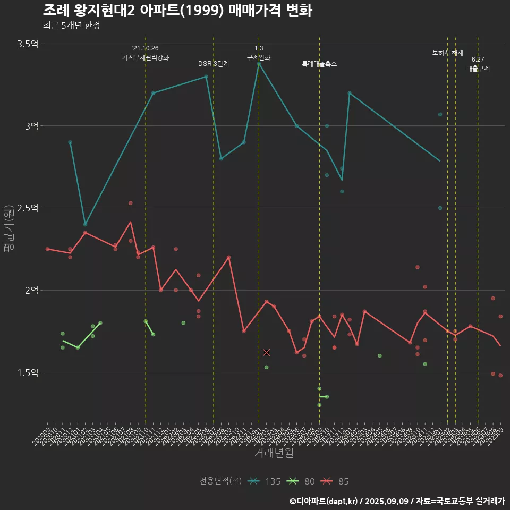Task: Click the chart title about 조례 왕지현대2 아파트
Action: click(x=177, y=10)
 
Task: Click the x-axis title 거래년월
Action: click(x=274, y=453)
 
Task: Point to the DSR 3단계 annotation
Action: click(x=214, y=64)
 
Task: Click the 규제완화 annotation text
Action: click(x=259, y=57)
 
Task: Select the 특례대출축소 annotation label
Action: click(x=319, y=64)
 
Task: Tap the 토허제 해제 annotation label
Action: click(x=448, y=53)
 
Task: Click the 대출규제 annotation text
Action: click(x=478, y=69)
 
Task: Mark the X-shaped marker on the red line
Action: click(x=267, y=352)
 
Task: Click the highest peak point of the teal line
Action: click(x=259, y=64)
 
